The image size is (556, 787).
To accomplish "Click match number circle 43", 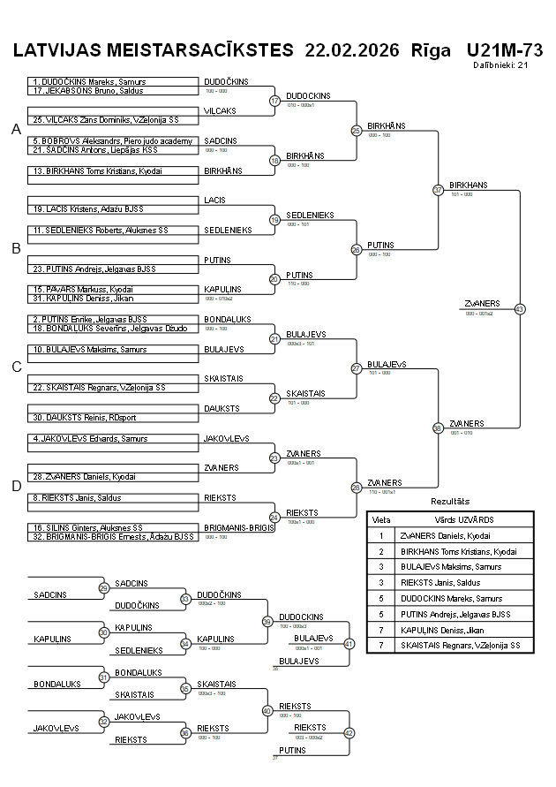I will (x=519, y=309).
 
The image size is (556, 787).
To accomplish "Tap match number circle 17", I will (x=274, y=101).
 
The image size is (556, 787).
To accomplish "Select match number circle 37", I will (x=438, y=190).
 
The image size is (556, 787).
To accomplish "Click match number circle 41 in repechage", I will (x=349, y=644).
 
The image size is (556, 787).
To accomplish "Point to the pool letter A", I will (x=16, y=130).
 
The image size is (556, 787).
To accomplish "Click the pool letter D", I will (x=16, y=485).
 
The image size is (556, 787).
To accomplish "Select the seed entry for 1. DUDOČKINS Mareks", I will (x=88, y=82).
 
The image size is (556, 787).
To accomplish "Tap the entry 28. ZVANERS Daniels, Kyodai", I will (x=85, y=476).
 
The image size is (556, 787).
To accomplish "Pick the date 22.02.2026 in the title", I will (x=352, y=49).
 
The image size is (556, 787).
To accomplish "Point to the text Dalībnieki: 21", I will (x=500, y=64).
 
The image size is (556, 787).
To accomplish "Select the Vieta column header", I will (x=381, y=519).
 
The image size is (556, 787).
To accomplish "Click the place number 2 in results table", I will (x=381, y=551).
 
